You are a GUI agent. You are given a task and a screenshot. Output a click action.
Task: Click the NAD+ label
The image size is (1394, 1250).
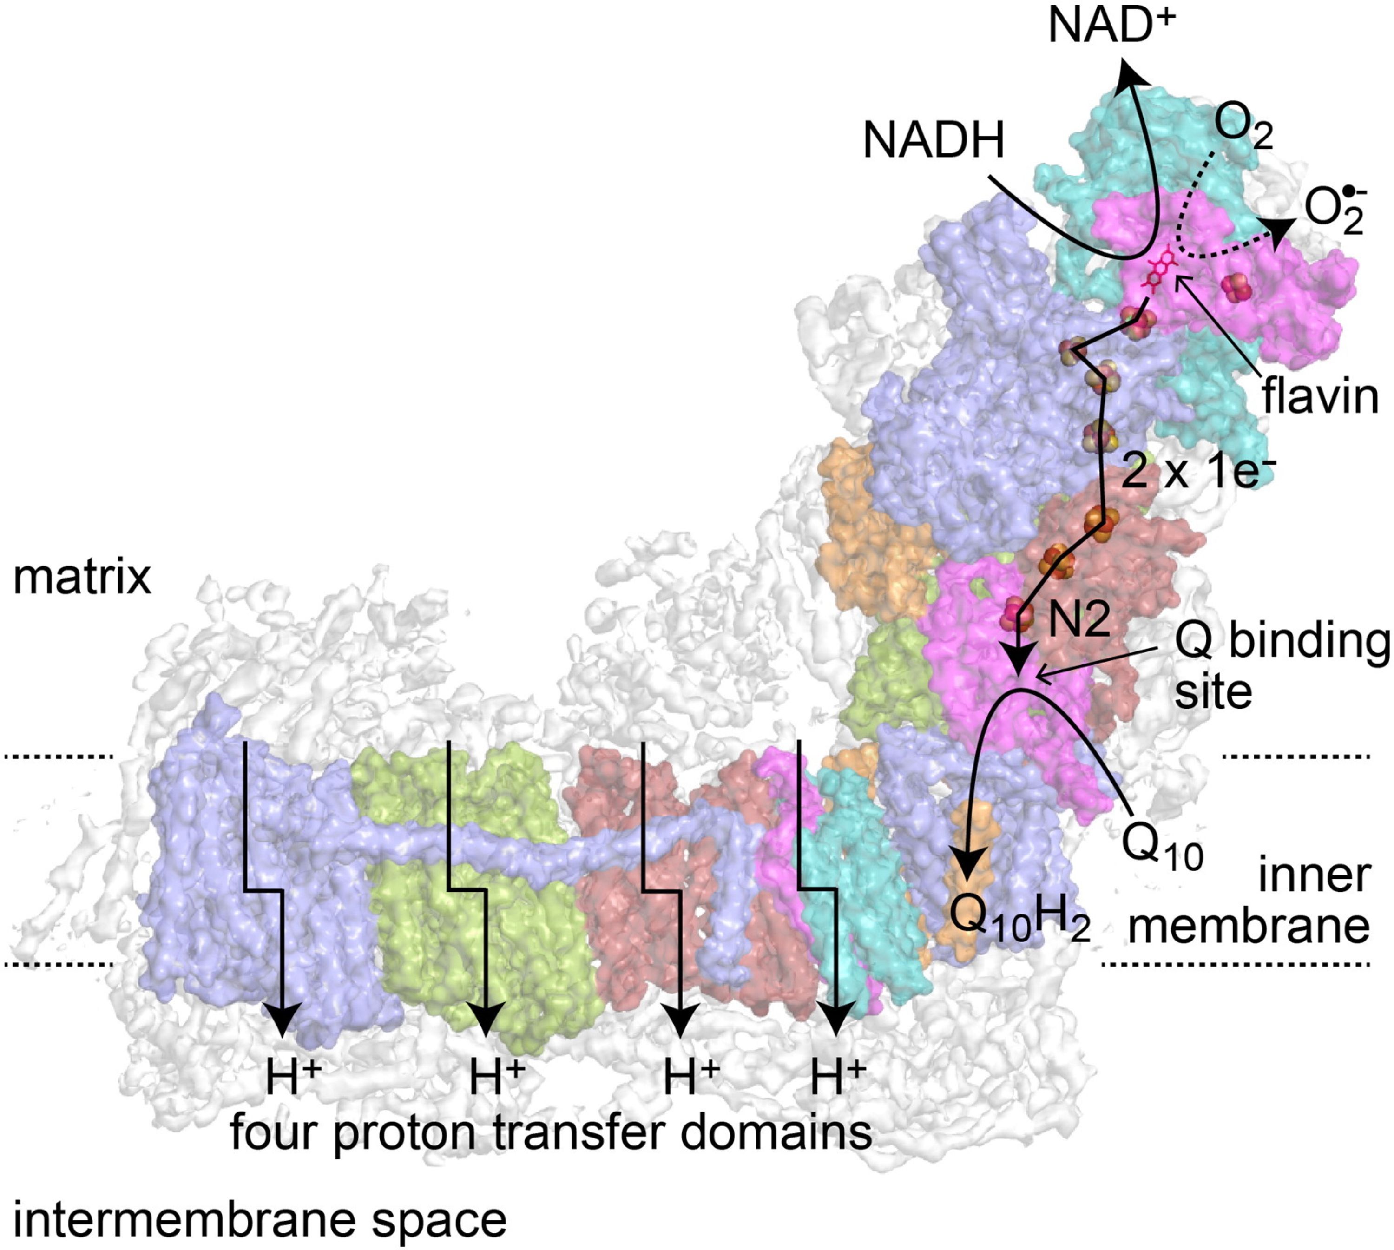(x=1112, y=27)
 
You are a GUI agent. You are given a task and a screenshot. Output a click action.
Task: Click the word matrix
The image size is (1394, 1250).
(x=82, y=578)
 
